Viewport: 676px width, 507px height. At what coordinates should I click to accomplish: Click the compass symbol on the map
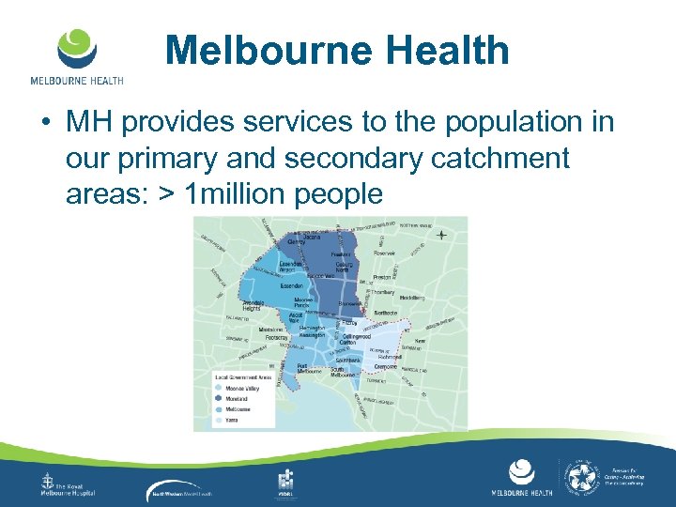[441, 234]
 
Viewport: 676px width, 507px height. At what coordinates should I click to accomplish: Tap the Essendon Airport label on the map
[291, 268]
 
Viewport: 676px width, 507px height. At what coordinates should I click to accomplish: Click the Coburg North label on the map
[347, 267]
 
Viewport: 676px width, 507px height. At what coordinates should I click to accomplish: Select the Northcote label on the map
[385, 313]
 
